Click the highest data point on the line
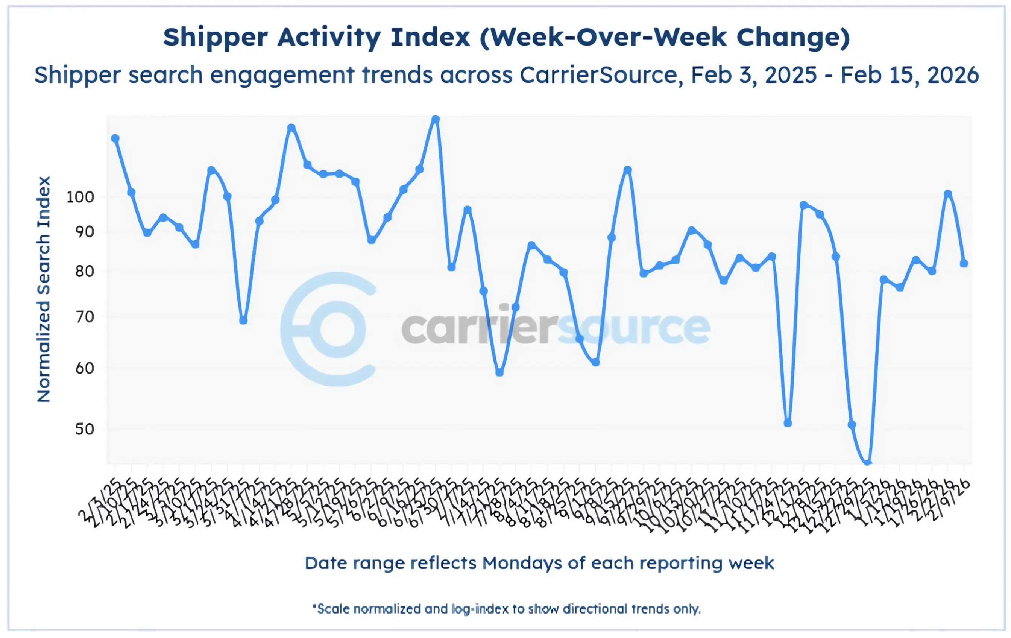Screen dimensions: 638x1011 pyautogui.click(x=436, y=120)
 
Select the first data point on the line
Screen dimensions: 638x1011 pyautogui.click(x=115, y=138)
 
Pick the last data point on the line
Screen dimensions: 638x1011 pyautogui.click(x=964, y=263)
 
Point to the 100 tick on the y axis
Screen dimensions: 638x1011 pyautogui.click(x=80, y=197)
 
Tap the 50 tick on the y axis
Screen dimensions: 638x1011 pyautogui.click(x=84, y=429)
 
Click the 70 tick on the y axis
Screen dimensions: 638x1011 pyautogui.click(x=84, y=317)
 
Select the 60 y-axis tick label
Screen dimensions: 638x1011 pyautogui.click(x=84, y=368)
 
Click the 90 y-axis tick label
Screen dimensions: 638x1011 pyautogui.click(x=84, y=232)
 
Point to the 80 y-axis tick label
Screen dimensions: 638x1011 pyautogui.click(x=84, y=271)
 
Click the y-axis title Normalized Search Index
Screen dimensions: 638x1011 pyautogui.click(x=44, y=289)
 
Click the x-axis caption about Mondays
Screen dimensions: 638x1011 pyautogui.click(x=539, y=563)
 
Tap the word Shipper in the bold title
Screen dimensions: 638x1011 pyautogui.click(x=215, y=38)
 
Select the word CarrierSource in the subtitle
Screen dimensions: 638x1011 pyautogui.click(x=598, y=75)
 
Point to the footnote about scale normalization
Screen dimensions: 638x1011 pyautogui.click(x=506, y=609)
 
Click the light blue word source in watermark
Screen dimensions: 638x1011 pyautogui.click(x=634, y=328)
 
